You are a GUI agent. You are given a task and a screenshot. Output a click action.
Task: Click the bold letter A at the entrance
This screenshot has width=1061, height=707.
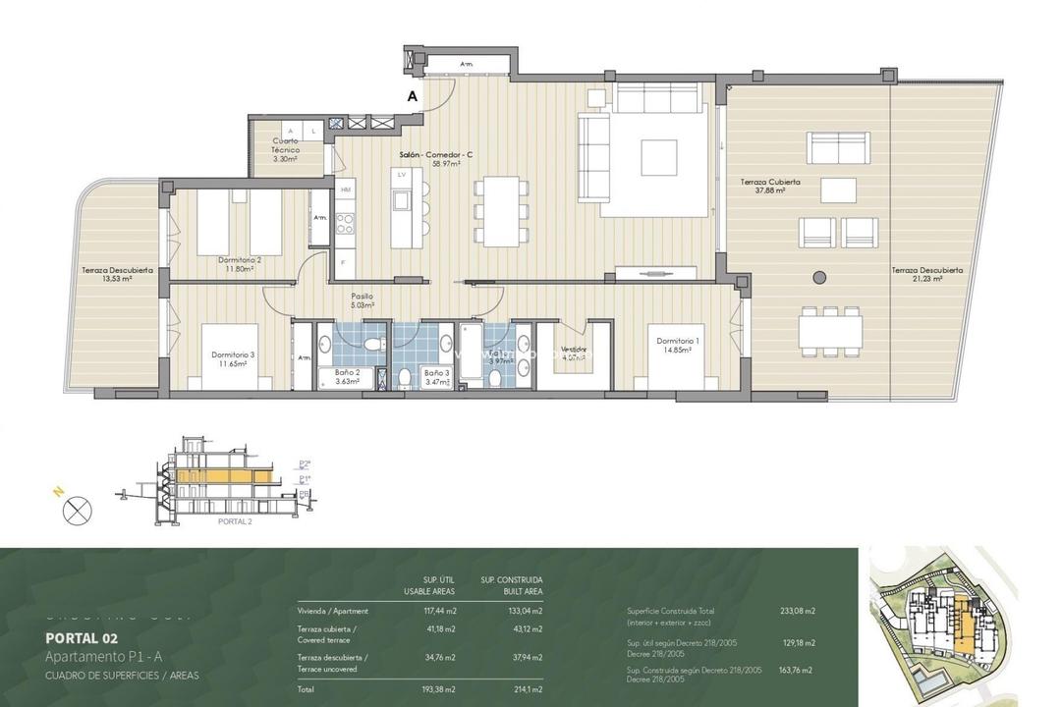[413, 96]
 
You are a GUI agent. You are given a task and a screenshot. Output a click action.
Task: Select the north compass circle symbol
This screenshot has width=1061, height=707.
[77, 511]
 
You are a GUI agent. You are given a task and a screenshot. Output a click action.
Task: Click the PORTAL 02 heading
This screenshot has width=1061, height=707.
[82, 637]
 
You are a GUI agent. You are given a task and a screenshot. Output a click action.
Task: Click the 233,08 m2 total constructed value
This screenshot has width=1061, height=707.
[798, 611]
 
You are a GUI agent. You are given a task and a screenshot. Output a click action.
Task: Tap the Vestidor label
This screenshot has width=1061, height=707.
[575, 350]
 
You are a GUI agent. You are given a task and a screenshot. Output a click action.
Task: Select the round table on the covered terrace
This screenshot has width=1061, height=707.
[818, 278]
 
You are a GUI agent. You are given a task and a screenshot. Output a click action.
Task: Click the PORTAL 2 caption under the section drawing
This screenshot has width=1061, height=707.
[234, 521]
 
